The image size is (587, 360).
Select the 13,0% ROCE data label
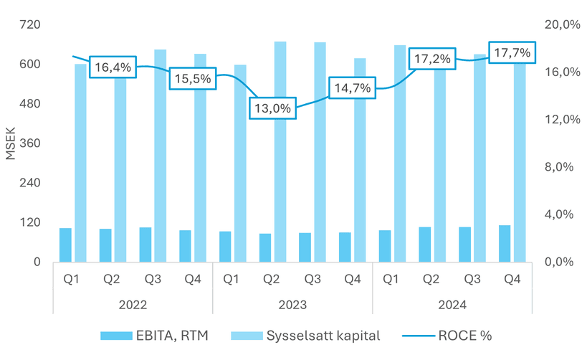pyautogui.click(x=272, y=109)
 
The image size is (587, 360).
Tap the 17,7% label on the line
pyautogui.click(x=512, y=53)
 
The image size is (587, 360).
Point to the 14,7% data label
pyautogui.click(x=352, y=88)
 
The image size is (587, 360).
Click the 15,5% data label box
pyautogui.click(x=192, y=78)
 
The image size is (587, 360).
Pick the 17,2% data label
pyautogui.click(x=432, y=59)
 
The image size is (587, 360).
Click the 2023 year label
pyautogui.click(x=292, y=305)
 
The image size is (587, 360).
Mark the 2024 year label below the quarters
pyautogui.click(x=452, y=305)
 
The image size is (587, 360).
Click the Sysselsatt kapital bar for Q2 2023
pyautogui.click(x=280, y=151)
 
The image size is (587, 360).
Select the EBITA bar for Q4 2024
pyautogui.click(x=505, y=243)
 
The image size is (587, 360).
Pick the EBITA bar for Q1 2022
pyautogui.click(x=65, y=245)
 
